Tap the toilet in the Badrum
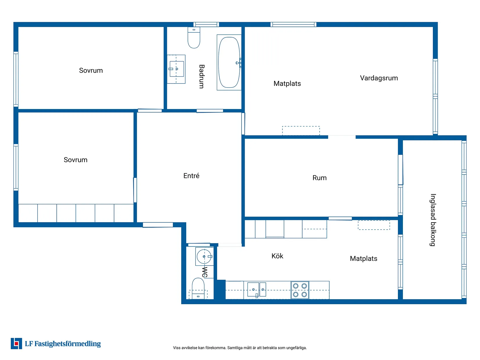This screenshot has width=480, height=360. [x=194, y=38]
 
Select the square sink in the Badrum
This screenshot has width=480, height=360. [x=177, y=69]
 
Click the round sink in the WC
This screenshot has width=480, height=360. [x=204, y=256]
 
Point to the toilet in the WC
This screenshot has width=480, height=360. [x=198, y=288]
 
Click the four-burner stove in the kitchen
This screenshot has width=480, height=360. [x=300, y=290]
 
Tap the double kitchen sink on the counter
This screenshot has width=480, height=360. [x=257, y=290]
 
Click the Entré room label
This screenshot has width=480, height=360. [x=191, y=176]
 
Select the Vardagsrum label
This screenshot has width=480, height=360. [x=379, y=78]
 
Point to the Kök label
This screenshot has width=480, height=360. [x=277, y=256]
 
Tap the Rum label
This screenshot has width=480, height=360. [x=319, y=178]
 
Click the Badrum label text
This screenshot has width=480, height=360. [x=202, y=76]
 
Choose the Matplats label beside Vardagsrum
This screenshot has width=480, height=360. [x=287, y=83]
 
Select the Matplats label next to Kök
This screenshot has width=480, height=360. [x=363, y=259]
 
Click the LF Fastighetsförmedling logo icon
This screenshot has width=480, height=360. [x=16, y=343]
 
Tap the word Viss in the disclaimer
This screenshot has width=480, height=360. [x=177, y=348]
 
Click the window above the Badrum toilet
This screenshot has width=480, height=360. [x=206, y=24]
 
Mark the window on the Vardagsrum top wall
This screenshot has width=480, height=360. [x=293, y=24]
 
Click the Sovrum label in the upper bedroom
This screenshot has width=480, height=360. [x=91, y=70]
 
